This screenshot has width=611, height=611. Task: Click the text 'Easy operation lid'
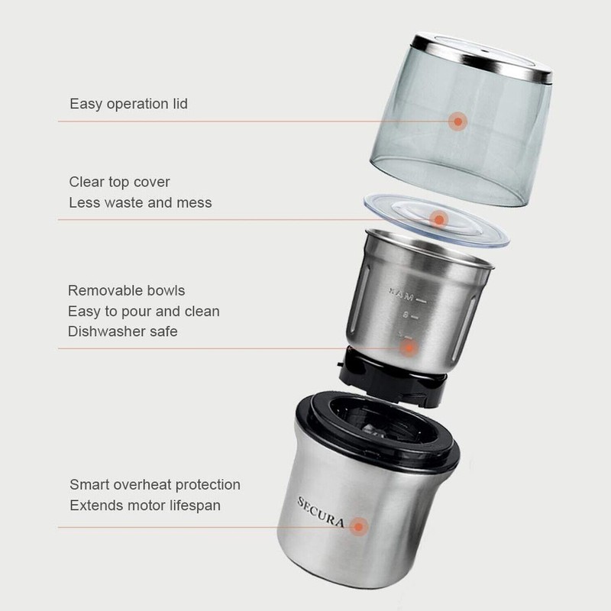coord(128,104)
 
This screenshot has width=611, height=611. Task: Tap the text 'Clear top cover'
coord(119,183)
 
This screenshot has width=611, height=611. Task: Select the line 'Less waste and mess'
coord(141,203)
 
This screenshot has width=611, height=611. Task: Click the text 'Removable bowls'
coord(126,291)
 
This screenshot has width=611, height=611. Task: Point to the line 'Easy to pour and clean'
coord(144,312)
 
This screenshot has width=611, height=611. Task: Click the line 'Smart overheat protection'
coord(155,485)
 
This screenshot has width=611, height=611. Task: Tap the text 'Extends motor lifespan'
coord(146,506)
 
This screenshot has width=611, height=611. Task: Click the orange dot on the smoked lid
coord(457,121)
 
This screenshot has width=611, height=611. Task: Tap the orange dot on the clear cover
coord(438,220)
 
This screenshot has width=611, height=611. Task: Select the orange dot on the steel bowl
coord(409,348)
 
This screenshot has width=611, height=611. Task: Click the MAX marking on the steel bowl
coord(400,293)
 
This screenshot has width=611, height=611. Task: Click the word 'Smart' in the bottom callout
coord(89,485)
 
